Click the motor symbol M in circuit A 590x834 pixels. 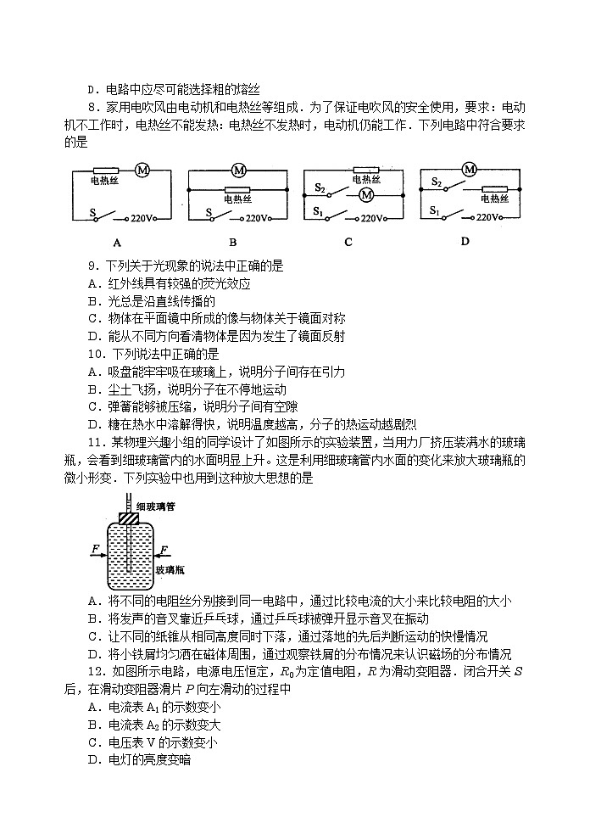143,171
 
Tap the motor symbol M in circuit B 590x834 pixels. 239,169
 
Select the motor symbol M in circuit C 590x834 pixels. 367,195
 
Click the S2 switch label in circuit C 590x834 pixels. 320,188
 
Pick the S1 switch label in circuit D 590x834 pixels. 435,210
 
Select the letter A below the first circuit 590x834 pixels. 118,242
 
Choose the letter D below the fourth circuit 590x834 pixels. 465,241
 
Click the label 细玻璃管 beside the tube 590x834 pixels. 156,507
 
